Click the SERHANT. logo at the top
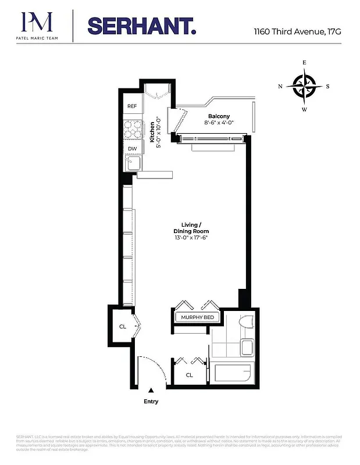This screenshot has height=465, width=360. pyautogui.click(x=141, y=26)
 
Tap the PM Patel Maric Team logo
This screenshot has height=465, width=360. pyautogui.click(x=37, y=26)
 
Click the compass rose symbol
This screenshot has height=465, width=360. pyautogui.click(x=304, y=86)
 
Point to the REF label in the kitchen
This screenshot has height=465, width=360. pyautogui.click(x=132, y=106)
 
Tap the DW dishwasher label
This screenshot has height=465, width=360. pyautogui.click(x=132, y=149)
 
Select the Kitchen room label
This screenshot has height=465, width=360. pyautogui.click(x=152, y=131)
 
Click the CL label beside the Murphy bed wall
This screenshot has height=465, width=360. pyautogui.click(x=123, y=327)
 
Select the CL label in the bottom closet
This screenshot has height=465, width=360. pyautogui.click(x=189, y=375)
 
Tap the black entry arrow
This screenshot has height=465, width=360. pyautogui.click(x=151, y=391)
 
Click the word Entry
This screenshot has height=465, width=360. pyautogui.click(x=151, y=402)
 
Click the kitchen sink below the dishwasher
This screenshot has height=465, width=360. pyautogui.click(x=133, y=163)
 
